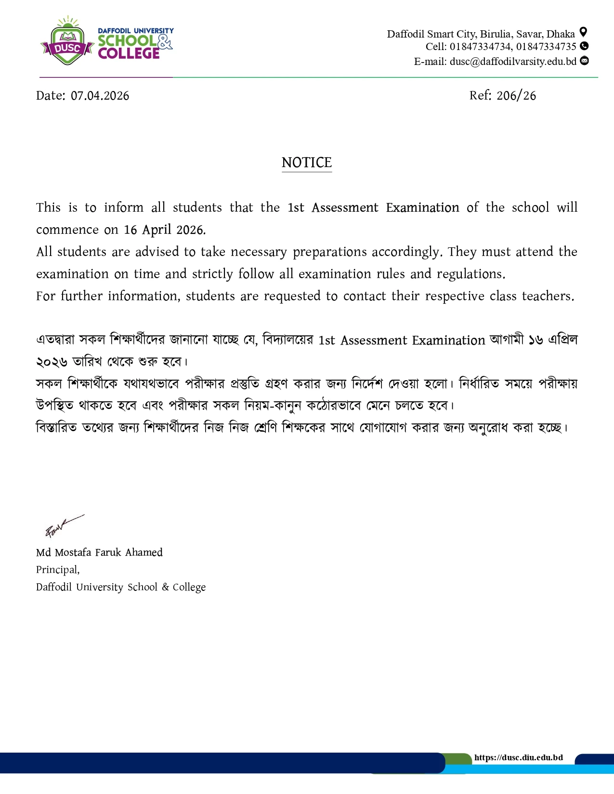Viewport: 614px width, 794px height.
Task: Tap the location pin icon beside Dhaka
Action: [x=583, y=32]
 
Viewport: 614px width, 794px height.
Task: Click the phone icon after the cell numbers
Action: [x=584, y=46]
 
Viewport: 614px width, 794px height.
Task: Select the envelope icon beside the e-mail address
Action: [x=584, y=61]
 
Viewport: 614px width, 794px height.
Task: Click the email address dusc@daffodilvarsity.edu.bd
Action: [x=513, y=62]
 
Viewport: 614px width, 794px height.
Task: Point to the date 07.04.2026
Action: [x=100, y=96]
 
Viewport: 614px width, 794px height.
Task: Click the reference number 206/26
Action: [x=516, y=96]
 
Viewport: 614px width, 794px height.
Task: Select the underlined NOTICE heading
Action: [x=307, y=163]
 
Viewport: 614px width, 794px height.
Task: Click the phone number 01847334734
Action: [x=481, y=47]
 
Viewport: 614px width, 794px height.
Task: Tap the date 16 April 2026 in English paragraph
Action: [x=164, y=230]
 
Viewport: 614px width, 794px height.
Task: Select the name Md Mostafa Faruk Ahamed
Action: [x=99, y=552]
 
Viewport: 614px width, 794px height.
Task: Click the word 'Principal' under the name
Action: [x=57, y=570]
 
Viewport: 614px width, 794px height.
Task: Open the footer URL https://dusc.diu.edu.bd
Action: [x=518, y=757]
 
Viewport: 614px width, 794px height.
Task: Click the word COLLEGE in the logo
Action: [x=129, y=53]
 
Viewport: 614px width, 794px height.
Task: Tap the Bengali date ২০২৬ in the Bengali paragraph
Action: [x=52, y=362]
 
